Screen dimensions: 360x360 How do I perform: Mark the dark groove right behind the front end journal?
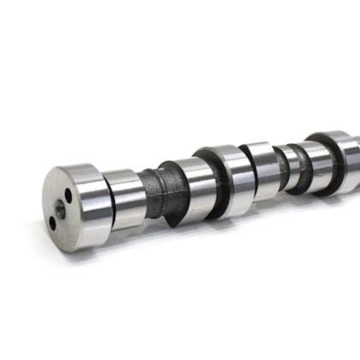[106, 202]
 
